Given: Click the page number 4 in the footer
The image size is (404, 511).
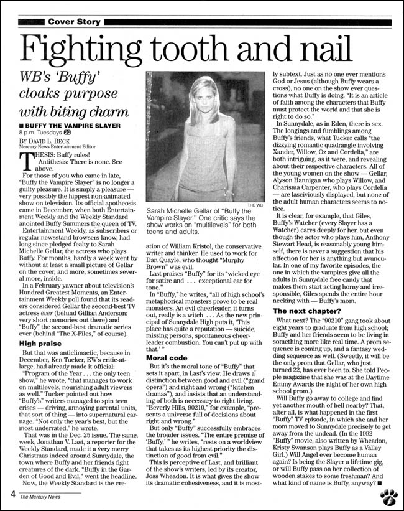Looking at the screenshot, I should click(x=12, y=495).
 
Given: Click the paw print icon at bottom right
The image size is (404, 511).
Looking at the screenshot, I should click(x=388, y=496).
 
